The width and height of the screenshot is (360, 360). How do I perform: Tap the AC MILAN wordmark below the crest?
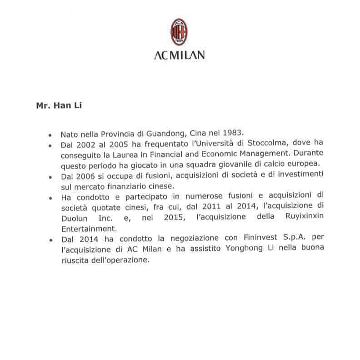coord(179,55)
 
